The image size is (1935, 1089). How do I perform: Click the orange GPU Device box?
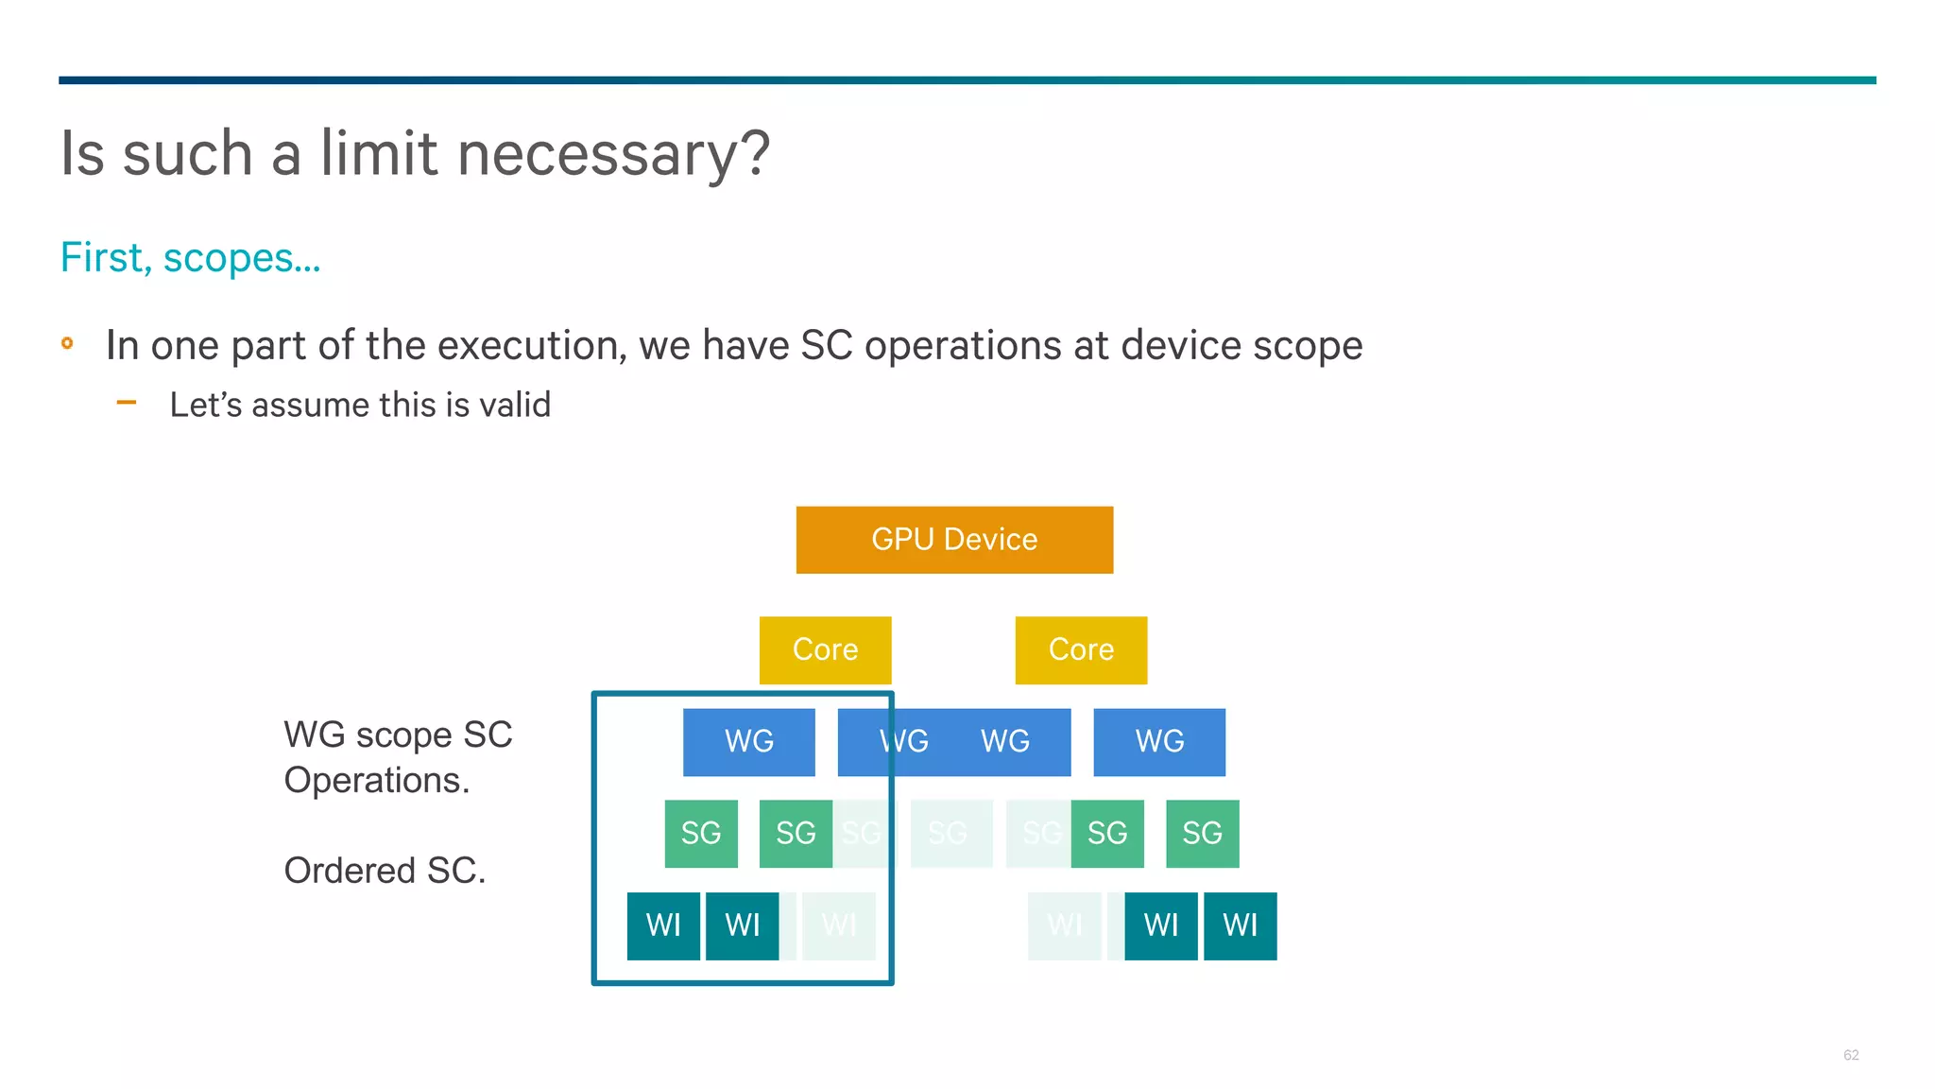[954, 540]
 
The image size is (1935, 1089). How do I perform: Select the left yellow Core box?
[825, 649]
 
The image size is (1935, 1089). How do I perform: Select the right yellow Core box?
[1081, 649]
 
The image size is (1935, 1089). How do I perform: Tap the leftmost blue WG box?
[748, 742]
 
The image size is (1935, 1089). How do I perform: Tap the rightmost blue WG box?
[1159, 742]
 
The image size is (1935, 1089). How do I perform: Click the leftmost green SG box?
[700, 834]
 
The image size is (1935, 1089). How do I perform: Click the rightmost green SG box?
[1202, 834]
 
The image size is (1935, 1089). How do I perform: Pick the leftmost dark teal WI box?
[663, 925]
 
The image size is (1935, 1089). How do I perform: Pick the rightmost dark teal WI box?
[1240, 925]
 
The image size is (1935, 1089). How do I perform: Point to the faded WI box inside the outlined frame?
[839, 925]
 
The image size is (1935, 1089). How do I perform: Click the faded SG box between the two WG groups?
[950, 834]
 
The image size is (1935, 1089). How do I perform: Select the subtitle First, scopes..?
[190, 258]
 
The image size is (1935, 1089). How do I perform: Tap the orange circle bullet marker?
[67, 343]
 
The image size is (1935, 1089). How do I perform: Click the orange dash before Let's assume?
[127, 403]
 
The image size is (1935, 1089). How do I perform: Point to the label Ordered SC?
[385, 871]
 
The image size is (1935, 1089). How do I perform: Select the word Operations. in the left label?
[376, 781]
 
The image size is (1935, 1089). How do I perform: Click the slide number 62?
[1850, 1055]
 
